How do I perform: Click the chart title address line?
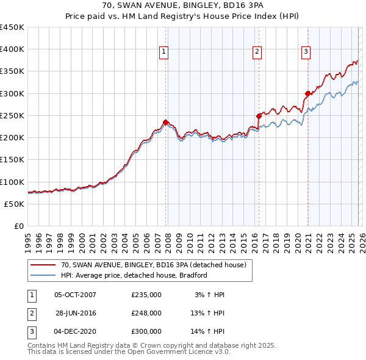pos(182,6)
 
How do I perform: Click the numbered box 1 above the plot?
pos(164,52)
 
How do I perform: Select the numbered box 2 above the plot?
pos(257,52)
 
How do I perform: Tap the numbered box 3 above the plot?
pos(305,52)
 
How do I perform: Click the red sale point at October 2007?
pos(165,122)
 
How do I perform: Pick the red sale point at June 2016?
pos(259,115)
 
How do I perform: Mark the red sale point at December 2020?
pos(307,93)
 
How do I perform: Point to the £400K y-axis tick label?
pos(12,49)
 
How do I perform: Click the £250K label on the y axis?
pos(12,115)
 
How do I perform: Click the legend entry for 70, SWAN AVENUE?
pos(153,265)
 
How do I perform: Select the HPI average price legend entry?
pos(134,275)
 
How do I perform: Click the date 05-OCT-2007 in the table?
pos(75,295)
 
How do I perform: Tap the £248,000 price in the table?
pos(146,313)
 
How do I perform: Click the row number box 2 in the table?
pos(30,313)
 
